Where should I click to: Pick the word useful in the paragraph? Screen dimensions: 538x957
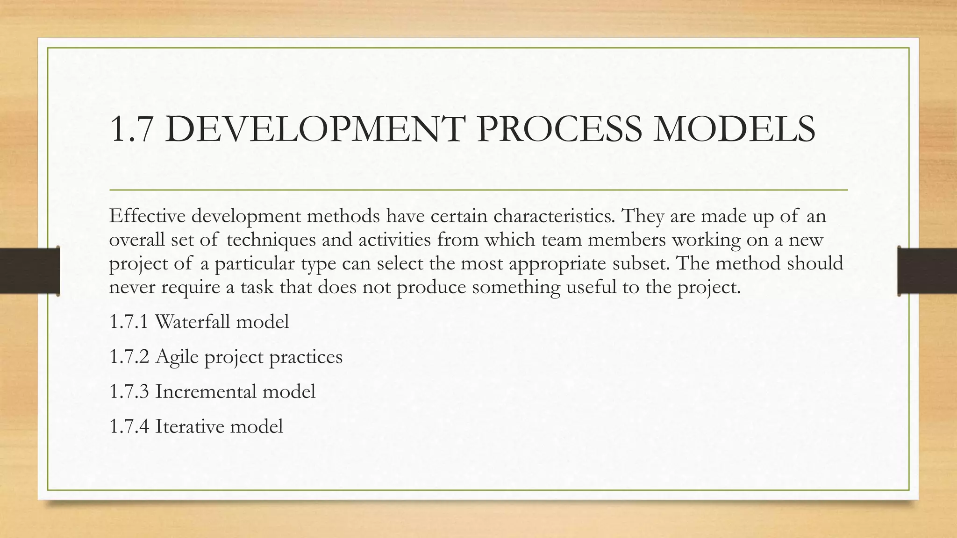[x=591, y=287]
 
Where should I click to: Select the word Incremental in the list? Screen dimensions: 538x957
[x=206, y=391]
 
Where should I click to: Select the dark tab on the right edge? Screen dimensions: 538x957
[x=927, y=271]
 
